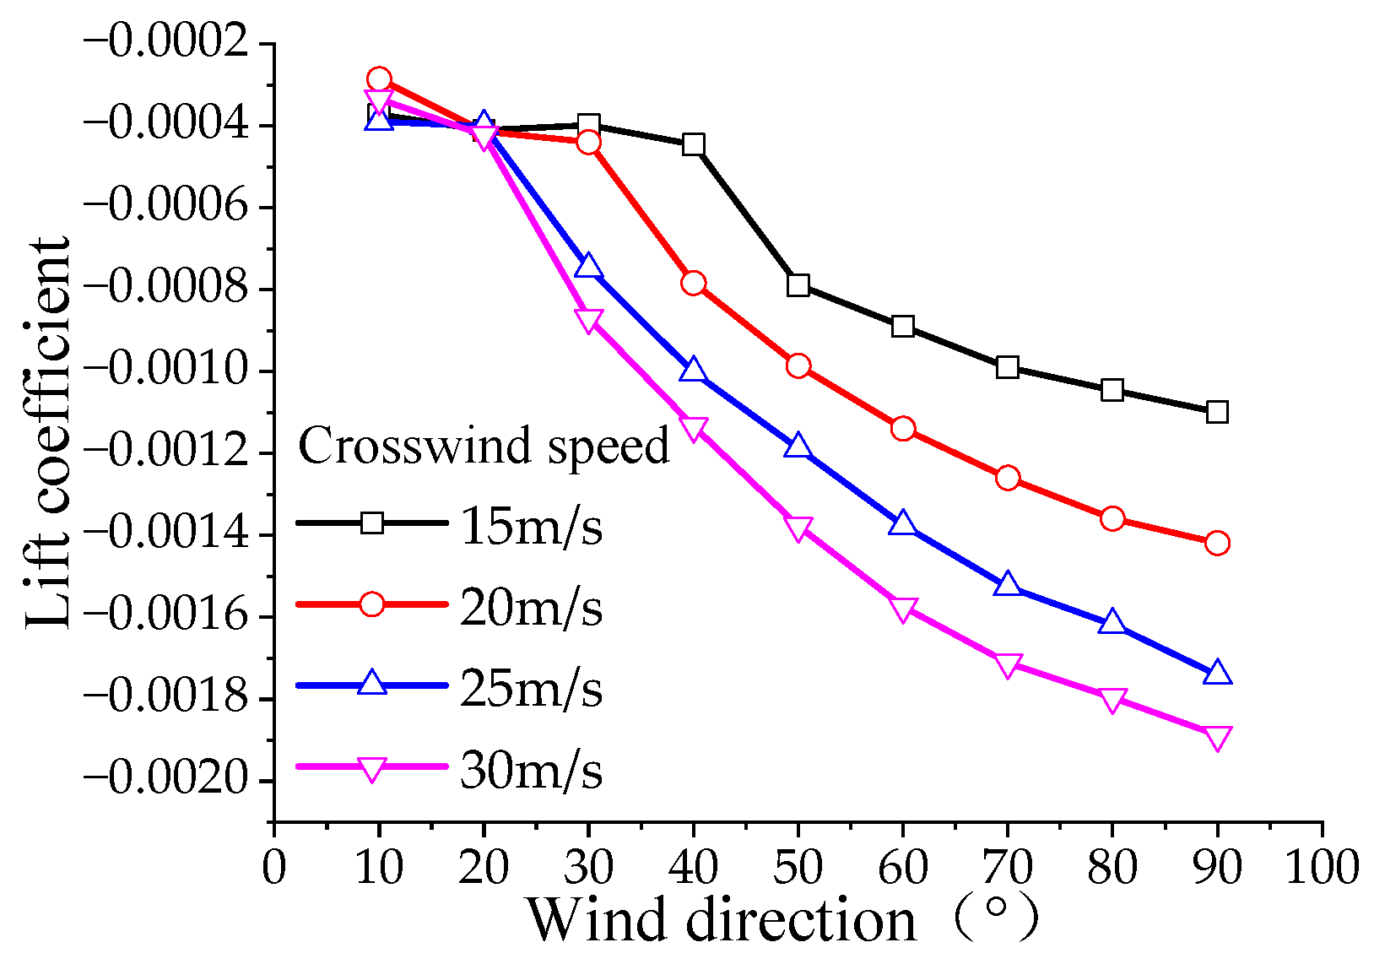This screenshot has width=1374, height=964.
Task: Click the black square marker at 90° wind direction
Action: pos(1216,412)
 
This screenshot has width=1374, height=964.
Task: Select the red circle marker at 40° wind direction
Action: pos(693,283)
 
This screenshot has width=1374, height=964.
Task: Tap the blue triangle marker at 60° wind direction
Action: pos(902,524)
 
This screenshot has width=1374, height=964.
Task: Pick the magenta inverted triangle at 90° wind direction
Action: pos(1216,737)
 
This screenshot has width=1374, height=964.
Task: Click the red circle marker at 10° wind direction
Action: pos(379,79)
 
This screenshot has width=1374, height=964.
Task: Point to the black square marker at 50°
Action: pos(798,284)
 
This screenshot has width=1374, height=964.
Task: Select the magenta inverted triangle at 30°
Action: pos(588,320)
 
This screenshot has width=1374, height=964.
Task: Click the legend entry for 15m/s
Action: pos(532,527)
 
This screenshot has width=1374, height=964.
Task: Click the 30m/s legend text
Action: pos(532,771)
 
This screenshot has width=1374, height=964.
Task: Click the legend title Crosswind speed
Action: pos(484,446)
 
